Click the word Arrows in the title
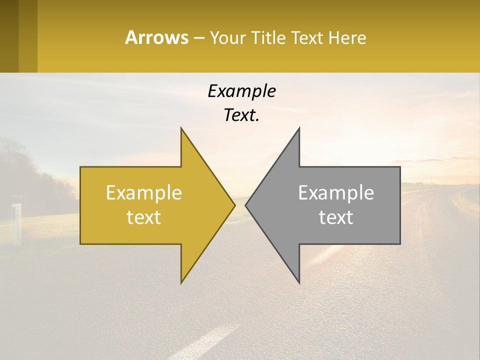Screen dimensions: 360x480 (x=156, y=37)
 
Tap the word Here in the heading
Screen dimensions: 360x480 (x=347, y=37)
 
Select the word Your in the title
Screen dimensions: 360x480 (x=227, y=37)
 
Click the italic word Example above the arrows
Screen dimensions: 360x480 (x=241, y=91)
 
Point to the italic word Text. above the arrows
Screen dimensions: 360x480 (x=241, y=115)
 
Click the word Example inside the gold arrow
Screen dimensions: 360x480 (x=144, y=192)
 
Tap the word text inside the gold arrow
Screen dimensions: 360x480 (x=144, y=217)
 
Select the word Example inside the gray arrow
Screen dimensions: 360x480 (x=336, y=192)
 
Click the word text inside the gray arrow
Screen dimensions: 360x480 (x=336, y=217)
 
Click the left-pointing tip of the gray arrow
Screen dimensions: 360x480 (x=246, y=205)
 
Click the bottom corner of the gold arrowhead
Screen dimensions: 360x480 (x=181, y=282)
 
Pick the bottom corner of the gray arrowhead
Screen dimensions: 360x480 (x=299, y=282)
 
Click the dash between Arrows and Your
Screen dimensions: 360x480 (x=198, y=38)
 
